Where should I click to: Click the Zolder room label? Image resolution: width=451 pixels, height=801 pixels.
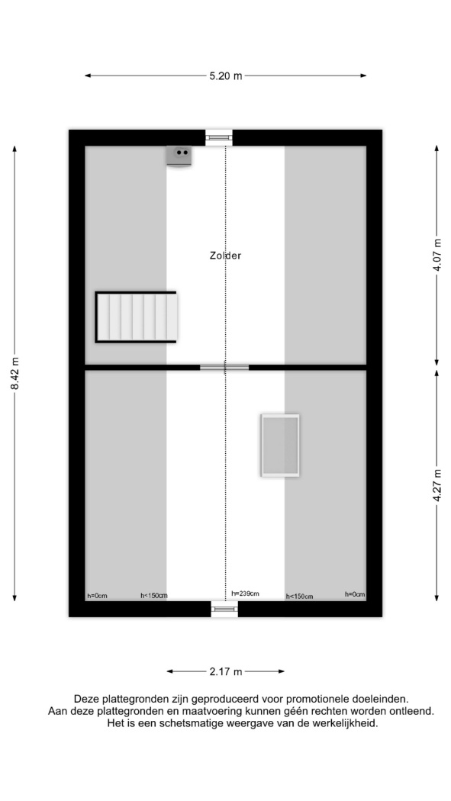coord(225,256)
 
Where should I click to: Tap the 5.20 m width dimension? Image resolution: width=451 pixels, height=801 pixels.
coord(225,76)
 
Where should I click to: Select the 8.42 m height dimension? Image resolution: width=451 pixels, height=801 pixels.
coord(14,373)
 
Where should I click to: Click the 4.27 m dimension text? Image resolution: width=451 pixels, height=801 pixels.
coord(437,484)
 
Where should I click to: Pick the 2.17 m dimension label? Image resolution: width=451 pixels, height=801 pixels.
coord(225,672)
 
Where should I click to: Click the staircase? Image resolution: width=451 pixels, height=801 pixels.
coord(136,317)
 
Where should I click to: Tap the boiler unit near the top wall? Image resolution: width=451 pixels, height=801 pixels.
coord(179,156)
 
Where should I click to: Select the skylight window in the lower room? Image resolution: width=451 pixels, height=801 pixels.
coord(280,446)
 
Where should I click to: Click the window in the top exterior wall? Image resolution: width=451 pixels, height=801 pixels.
coord(218,137)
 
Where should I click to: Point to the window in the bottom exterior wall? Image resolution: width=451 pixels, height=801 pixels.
coord(224,609)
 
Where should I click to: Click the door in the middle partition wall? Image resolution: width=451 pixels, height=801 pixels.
coord(224,367)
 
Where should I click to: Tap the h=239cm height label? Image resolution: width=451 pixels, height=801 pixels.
coord(245,593)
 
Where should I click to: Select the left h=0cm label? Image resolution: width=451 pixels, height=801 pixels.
coord(97,595)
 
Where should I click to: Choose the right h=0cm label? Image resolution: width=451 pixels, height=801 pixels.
coord(355,594)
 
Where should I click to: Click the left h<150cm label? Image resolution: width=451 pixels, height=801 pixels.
coord(153,595)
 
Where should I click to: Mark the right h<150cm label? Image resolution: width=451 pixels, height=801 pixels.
coord(299,596)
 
